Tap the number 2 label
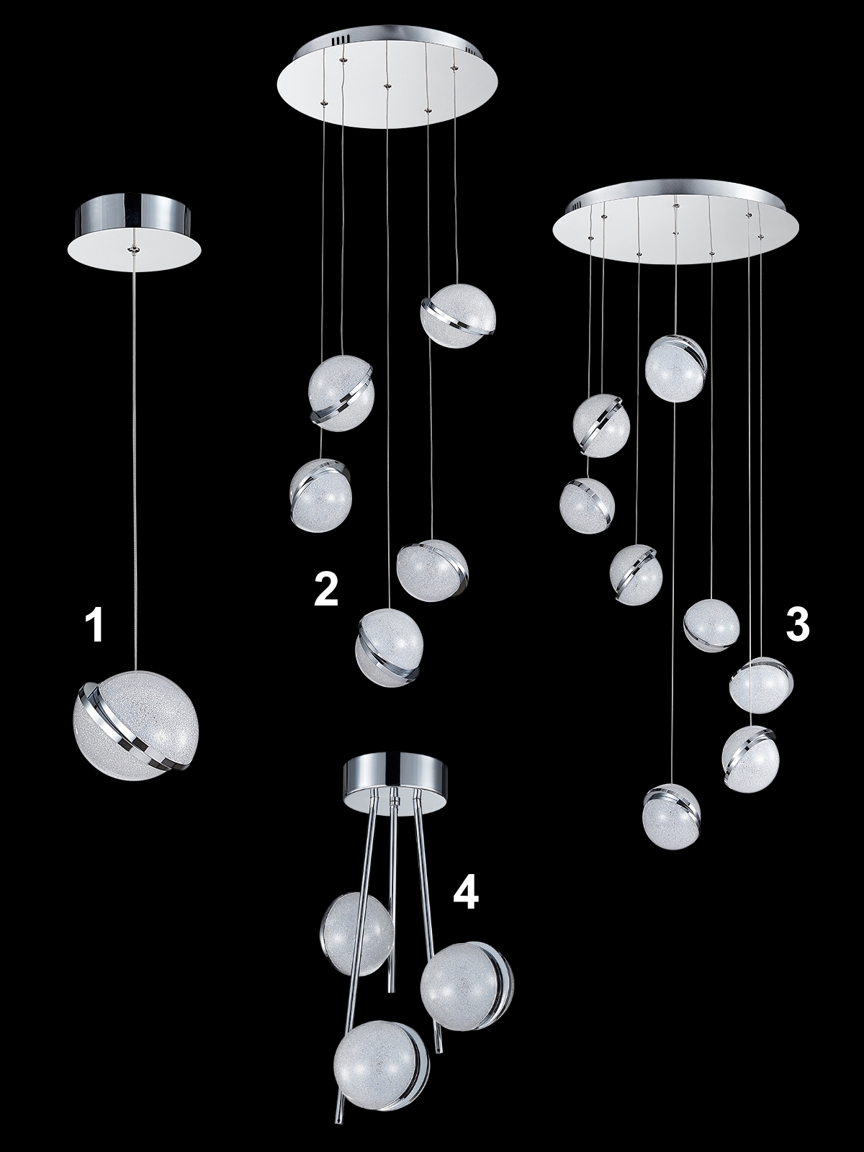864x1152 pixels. click(x=325, y=590)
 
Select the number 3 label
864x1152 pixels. click(x=797, y=624)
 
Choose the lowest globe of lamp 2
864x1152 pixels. click(x=390, y=647)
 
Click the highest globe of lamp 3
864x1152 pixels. click(x=675, y=368)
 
